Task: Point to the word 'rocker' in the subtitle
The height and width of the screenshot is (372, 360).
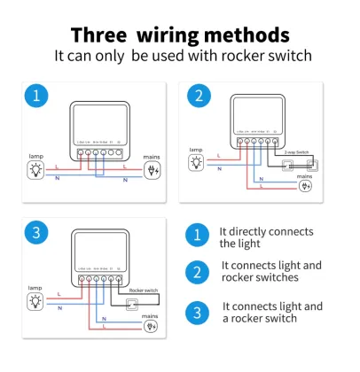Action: (231, 55)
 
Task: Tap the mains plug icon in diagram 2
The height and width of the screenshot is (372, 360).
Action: (307, 188)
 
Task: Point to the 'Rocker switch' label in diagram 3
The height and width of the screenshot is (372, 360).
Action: (145, 290)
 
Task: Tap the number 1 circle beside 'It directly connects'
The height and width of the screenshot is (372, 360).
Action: (198, 236)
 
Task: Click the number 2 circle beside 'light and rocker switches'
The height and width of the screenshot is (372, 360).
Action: (198, 271)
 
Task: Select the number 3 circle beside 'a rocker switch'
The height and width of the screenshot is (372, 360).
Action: (198, 311)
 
